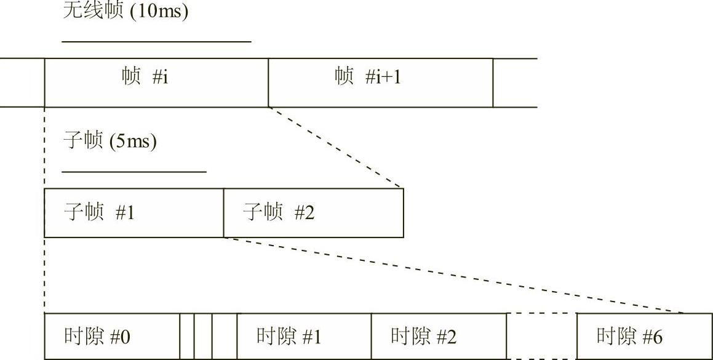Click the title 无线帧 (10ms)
tap(125, 11)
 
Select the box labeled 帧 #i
tap(156, 82)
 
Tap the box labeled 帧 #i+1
tap(380, 82)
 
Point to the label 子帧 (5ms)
tap(110, 142)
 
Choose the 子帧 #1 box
tap(133, 213)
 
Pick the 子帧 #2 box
tap(313, 213)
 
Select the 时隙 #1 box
tap(304, 336)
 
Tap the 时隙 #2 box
tap(439, 336)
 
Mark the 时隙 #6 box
tap(643, 336)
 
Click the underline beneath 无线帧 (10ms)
tap(157, 42)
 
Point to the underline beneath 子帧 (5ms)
tap(134, 172)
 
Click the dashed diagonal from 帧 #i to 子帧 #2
tap(336, 148)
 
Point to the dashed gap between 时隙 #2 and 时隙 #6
tap(541, 336)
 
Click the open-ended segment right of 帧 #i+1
tap(515, 82)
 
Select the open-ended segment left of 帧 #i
tap(22, 82)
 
